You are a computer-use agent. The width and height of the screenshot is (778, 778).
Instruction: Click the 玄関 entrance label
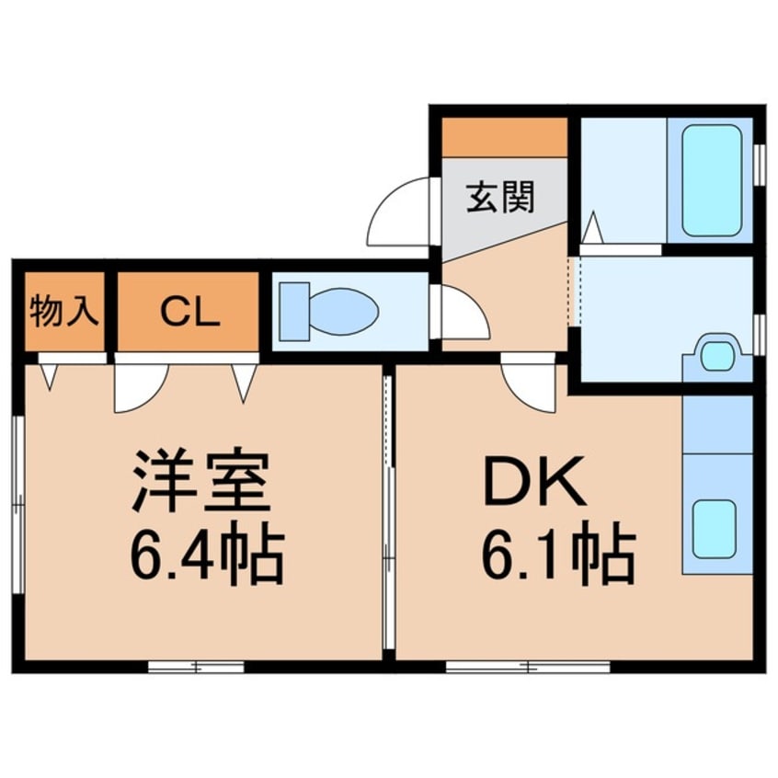500,197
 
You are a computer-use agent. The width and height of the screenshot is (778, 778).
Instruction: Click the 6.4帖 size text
206,555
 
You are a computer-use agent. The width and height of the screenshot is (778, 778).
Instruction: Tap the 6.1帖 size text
556,555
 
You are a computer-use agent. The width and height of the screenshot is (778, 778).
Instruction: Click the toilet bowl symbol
342,310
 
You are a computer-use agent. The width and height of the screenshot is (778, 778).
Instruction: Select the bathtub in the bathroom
712,179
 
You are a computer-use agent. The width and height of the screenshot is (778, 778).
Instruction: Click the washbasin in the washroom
717,356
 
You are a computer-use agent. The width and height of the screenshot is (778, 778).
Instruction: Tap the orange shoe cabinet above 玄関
504,138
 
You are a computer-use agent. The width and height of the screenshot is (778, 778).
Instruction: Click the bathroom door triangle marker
592,226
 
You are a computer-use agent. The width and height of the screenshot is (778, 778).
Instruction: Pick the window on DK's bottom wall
528,667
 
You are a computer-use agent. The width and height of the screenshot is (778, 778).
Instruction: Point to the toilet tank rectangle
295,311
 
